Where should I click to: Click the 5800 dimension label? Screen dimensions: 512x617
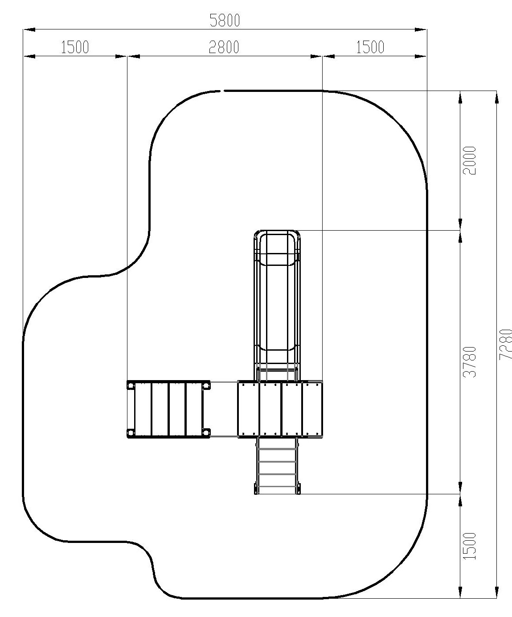click(225, 21)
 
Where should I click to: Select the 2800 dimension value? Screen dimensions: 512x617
click(224, 47)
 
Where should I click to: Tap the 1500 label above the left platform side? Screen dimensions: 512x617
click(75, 47)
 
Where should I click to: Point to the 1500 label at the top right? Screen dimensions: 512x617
click(370, 47)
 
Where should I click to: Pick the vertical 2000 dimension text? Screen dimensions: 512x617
click(470, 161)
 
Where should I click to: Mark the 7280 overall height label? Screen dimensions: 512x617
click(505, 344)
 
